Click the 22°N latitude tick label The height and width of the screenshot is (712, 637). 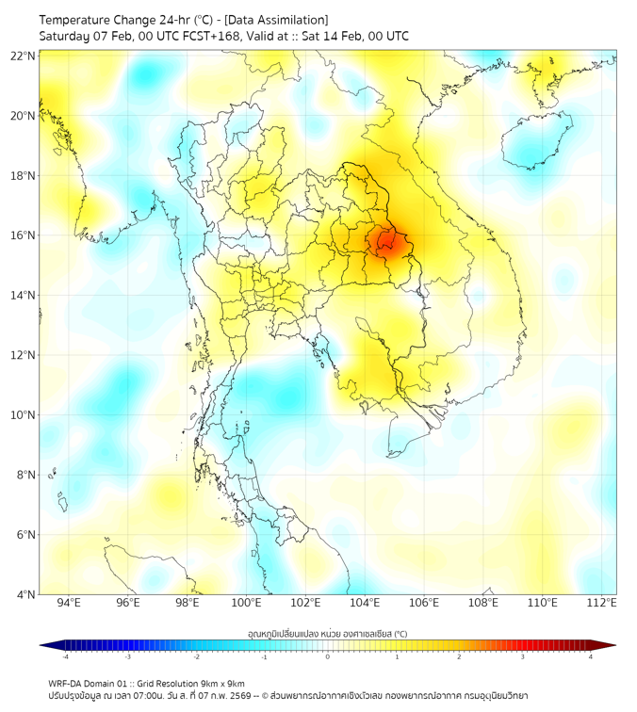click(x=24, y=56)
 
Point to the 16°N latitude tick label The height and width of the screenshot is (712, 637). click(x=24, y=235)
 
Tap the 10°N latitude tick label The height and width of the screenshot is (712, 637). click(x=24, y=414)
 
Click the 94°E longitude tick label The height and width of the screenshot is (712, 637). click(x=69, y=604)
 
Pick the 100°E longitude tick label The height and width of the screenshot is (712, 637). click(x=246, y=604)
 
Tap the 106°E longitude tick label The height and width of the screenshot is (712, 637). click(x=424, y=604)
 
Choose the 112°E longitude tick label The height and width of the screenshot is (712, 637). click(x=601, y=604)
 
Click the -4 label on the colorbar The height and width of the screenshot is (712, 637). click(x=65, y=656)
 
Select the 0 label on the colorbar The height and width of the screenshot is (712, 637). click(x=328, y=656)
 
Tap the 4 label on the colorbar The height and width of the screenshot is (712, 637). click(x=591, y=656)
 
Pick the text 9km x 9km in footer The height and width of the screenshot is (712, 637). click(x=222, y=684)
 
